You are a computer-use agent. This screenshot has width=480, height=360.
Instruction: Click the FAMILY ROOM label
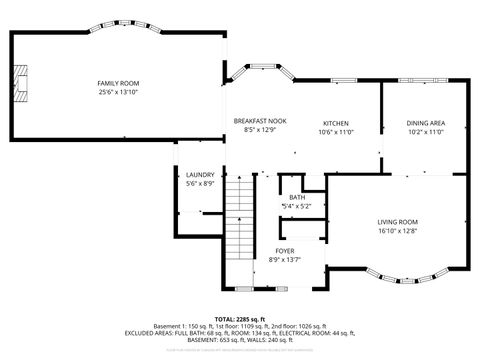click(118, 83)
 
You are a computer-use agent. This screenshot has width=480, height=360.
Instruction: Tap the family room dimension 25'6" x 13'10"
click(118, 92)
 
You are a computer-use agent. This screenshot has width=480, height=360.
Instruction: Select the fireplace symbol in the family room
click(22, 78)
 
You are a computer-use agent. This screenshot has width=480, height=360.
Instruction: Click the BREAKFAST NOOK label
click(265, 121)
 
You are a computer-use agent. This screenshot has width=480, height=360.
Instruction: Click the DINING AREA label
click(426, 121)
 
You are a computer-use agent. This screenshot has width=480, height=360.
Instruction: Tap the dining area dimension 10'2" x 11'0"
click(426, 130)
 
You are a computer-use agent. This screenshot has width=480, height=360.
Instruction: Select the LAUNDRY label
click(200, 175)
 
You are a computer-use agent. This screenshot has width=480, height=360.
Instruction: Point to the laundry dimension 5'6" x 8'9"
click(200, 184)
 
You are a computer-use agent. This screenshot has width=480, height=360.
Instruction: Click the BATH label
click(297, 197)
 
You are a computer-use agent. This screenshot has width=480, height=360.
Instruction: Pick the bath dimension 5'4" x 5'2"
click(297, 206)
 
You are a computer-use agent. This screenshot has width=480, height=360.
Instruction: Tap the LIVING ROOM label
click(397, 221)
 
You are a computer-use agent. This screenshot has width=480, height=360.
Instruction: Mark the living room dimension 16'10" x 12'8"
click(397, 230)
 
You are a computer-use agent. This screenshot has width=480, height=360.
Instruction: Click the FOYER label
click(284, 250)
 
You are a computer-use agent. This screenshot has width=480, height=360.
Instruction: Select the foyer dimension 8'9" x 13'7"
click(284, 259)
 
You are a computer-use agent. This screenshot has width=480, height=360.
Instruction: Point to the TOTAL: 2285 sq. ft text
click(240, 318)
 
